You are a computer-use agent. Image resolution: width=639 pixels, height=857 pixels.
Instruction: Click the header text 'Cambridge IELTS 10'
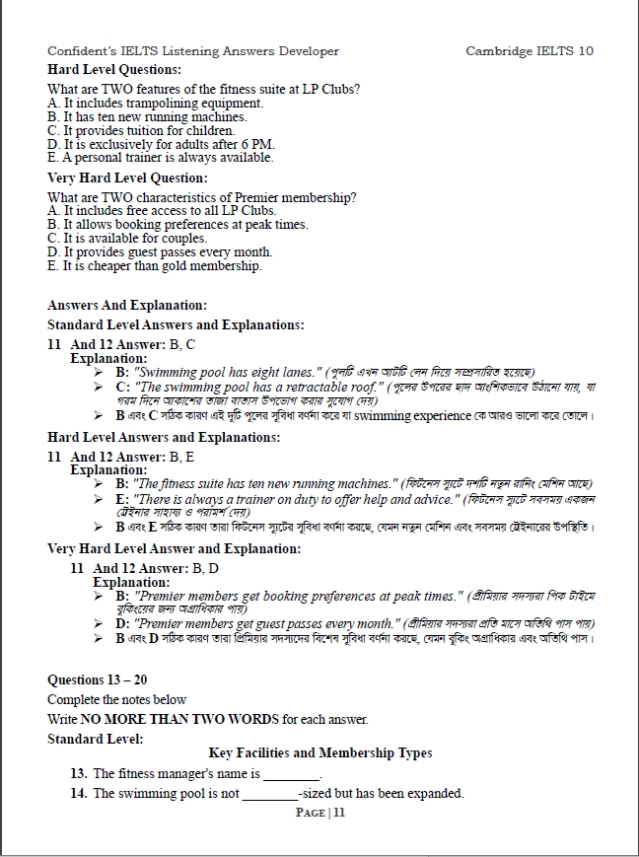529,51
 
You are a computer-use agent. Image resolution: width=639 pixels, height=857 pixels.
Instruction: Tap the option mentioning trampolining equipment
155,103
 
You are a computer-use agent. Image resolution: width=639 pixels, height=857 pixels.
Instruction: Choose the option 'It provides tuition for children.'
141,130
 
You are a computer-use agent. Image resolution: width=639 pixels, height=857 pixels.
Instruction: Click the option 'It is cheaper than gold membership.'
155,266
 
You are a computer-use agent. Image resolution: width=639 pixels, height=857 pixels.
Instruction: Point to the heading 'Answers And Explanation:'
127,306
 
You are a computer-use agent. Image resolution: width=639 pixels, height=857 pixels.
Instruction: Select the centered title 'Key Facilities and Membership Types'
320,753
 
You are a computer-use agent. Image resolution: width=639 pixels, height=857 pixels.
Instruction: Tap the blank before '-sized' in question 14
269,794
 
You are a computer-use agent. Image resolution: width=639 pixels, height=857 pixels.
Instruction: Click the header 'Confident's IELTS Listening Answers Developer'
193,51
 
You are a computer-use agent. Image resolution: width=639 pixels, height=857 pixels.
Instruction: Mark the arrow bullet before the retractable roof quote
99,388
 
